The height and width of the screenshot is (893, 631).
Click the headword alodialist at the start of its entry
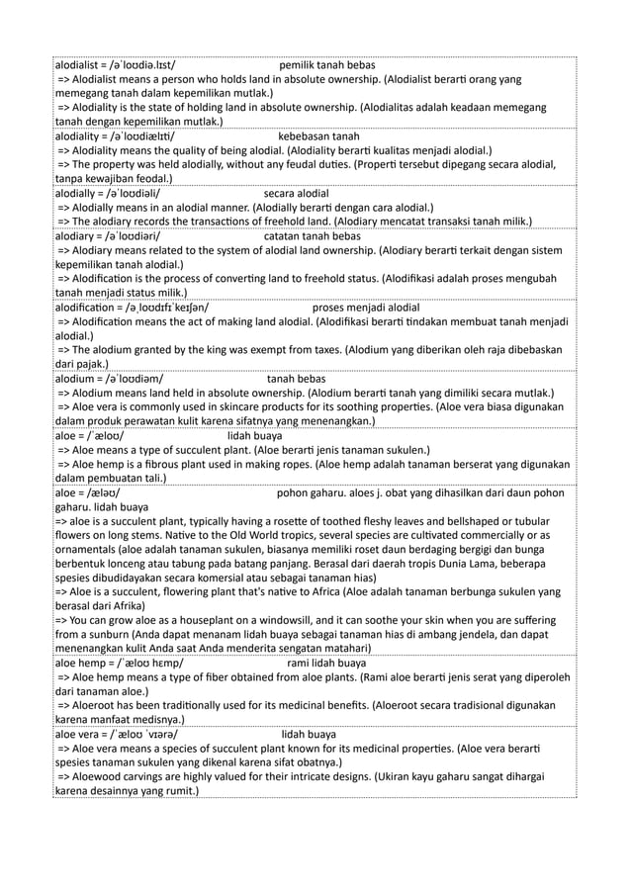(x=78, y=65)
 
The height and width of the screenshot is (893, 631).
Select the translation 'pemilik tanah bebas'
(x=327, y=65)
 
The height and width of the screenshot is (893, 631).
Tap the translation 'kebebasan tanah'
(x=318, y=135)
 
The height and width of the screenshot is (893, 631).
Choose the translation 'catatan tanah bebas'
(x=314, y=237)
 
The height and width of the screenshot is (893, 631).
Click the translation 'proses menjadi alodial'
(x=365, y=308)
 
